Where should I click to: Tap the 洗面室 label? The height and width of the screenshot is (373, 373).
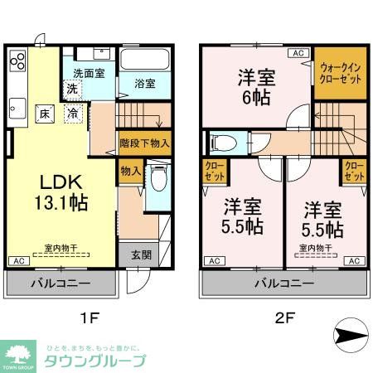click(x=89, y=73)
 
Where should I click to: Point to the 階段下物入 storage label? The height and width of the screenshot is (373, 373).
click(x=145, y=143)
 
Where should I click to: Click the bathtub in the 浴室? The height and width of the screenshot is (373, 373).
click(x=145, y=60)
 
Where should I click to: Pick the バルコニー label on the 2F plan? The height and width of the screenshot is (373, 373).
click(x=283, y=283)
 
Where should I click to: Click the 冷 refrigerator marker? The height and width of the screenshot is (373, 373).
click(x=74, y=114)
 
